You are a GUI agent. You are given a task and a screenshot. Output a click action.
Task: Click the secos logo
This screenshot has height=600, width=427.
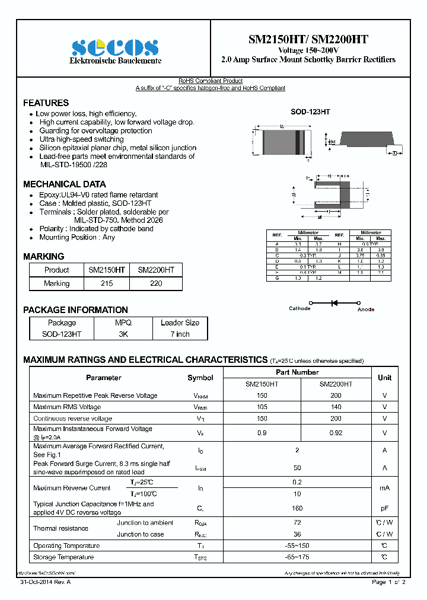115,47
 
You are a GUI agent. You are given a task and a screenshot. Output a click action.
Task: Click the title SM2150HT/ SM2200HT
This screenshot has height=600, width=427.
308,40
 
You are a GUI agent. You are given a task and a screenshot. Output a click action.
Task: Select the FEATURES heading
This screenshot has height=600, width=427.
46,103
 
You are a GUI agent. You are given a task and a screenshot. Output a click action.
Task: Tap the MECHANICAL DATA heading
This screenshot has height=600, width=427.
64,184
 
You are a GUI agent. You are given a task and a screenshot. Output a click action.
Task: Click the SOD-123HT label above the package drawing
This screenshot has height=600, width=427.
310,111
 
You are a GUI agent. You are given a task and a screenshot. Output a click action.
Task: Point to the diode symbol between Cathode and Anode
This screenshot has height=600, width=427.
334,303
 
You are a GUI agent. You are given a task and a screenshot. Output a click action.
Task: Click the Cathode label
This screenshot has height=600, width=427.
299,309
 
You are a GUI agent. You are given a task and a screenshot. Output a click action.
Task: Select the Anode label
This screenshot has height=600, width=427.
366,309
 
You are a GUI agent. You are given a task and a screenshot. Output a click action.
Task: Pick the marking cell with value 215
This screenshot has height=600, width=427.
107,283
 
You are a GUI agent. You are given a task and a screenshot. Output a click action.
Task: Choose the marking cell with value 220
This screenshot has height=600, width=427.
156,283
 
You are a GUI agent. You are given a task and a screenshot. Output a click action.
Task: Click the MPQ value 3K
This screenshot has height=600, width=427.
123,334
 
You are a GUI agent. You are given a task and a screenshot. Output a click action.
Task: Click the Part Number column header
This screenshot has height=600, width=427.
297,372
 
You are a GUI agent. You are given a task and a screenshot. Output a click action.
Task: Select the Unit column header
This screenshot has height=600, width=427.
384,378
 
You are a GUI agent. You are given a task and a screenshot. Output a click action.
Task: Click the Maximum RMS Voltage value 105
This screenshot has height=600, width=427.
262,407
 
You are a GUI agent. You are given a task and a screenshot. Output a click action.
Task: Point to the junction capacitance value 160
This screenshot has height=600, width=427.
297,508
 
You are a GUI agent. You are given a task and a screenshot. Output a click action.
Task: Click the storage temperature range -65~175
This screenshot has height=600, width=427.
297,557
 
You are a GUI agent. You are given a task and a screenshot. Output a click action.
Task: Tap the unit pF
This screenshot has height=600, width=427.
384,508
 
